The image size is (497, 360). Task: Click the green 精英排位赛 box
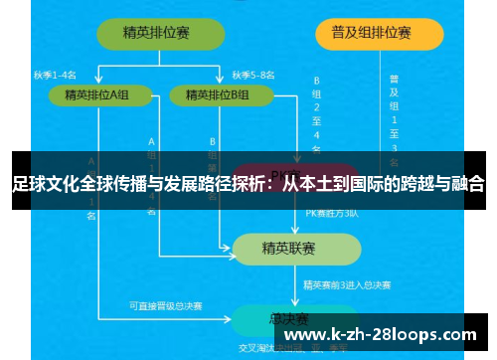158,32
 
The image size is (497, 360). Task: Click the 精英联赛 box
288,248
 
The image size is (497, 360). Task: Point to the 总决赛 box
287,318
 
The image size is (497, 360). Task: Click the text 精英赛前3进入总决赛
347,285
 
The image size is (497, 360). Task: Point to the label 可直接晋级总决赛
165,305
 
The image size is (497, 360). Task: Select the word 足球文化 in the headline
45,184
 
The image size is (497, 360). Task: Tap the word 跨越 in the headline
411,184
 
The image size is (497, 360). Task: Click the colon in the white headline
273,184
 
